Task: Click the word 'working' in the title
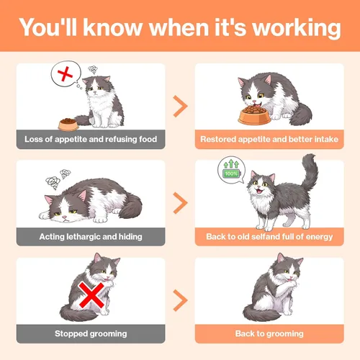tap(297, 28)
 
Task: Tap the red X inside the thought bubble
tap(65, 74)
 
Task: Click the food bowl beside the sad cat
tap(68, 125)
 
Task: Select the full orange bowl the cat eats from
tap(254, 116)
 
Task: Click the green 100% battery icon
tap(232, 174)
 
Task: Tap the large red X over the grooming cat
tap(91, 295)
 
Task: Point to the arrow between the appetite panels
tap(180, 106)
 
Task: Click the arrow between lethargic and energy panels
tap(180, 203)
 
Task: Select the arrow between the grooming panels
tap(180, 300)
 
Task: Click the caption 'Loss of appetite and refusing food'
tap(91, 139)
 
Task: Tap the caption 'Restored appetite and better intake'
tap(269, 139)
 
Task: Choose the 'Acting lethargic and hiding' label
tap(91, 237)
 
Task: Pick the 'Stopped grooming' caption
tap(91, 334)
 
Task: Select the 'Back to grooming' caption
tap(269, 334)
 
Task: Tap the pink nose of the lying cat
tap(64, 217)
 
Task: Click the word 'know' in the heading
tap(113, 28)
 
